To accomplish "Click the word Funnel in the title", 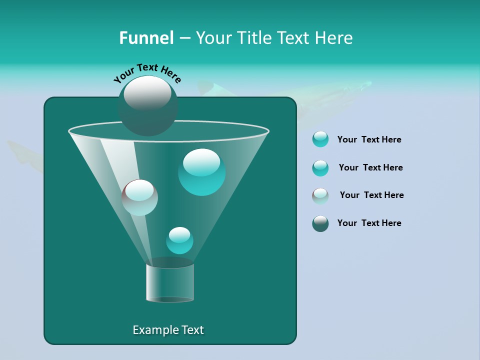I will [146, 38].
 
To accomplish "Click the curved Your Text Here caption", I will [147, 72].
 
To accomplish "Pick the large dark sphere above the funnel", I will [147, 106].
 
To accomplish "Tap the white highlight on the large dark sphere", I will [147, 92].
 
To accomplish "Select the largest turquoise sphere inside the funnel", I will [201, 172].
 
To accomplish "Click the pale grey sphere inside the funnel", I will [139, 197].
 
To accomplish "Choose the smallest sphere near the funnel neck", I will [179, 240].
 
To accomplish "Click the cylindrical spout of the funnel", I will [169, 282].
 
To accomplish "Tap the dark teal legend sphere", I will [320, 223].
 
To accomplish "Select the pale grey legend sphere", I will [320, 195].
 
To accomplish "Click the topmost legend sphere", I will [320, 139].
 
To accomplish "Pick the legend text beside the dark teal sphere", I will [369, 223].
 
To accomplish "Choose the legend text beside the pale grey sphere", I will [371, 195].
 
